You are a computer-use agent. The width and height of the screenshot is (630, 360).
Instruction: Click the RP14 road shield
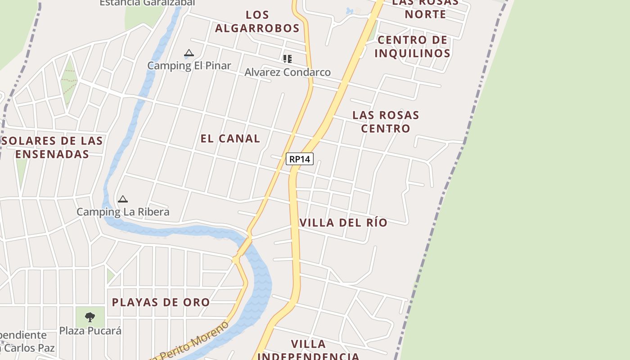pyautogui.click(x=299, y=159)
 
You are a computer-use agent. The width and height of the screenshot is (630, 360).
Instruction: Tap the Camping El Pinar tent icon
pyautogui.click(x=189, y=53)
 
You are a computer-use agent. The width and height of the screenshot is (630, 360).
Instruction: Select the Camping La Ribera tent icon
pyautogui.click(x=122, y=199)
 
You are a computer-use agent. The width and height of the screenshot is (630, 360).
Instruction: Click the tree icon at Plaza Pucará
pyautogui.click(x=90, y=317)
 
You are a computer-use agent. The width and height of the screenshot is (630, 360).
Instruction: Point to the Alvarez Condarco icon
pyautogui.click(x=287, y=58)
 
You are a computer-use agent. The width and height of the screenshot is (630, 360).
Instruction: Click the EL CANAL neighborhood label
pyautogui.click(x=230, y=139)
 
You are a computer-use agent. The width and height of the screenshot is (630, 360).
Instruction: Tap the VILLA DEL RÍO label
pyautogui.click(x=343, y=223)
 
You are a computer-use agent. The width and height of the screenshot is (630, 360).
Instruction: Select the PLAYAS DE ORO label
pyautogui.click(x=161, y=302)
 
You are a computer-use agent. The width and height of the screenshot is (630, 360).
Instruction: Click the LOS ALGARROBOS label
pyautogui.click(x=257, y=21)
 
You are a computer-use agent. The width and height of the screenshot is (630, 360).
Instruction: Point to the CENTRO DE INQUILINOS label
pyautogui.click(x=412, y=46)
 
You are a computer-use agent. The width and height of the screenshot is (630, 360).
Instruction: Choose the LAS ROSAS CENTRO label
pyautogui.click(x=386, y=121)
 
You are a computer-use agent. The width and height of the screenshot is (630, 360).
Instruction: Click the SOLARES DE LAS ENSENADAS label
pyautogui.click(x=53, y=147)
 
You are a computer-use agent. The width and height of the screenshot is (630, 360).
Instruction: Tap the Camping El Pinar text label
pyautogui.click(x=189, y=66)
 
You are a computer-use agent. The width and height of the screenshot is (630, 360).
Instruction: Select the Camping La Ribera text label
pyautogui.click(x=123, y=212)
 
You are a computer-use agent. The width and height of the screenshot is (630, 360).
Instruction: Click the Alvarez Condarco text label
pyautogui.click(x=287, y=72)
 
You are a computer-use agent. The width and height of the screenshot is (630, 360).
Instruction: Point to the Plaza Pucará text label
pyautogui.click(x=90, y=331)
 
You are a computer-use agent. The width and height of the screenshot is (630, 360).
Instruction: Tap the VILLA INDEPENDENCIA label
pyautogui.click(x=309, y=350)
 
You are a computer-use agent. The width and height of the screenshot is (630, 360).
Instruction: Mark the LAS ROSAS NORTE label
pyautogui.click(x=425, y=8)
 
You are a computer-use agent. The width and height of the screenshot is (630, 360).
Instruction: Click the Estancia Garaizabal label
pyautogui.click(x=147, y=3)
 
